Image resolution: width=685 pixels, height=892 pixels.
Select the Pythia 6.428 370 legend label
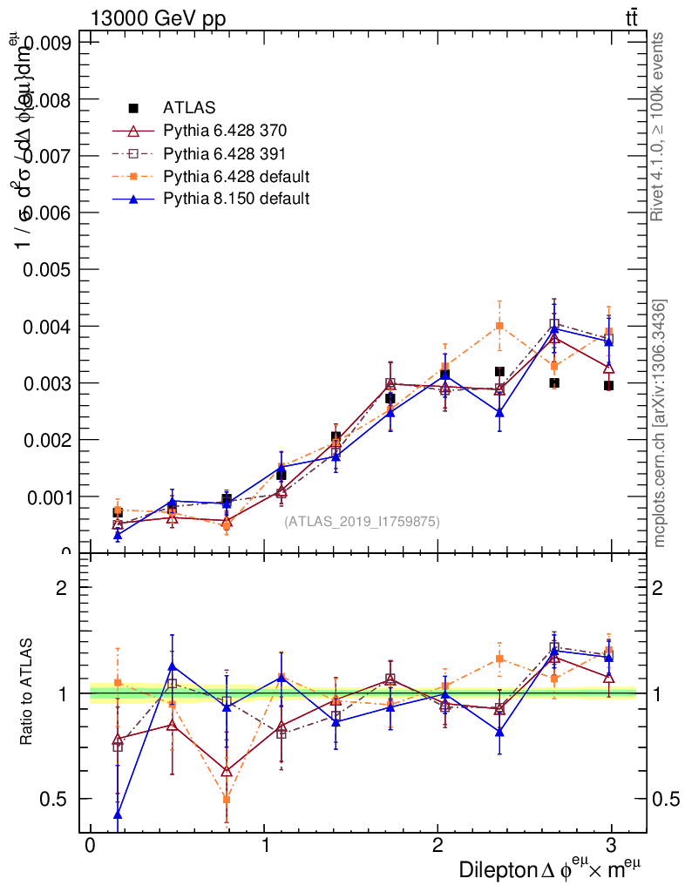(x=225, y=132)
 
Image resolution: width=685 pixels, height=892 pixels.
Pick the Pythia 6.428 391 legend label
(x=225, y=154)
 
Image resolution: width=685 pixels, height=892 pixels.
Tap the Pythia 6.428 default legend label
(x=236, y=177)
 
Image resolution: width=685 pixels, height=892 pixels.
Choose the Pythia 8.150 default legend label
(x=236, y=199)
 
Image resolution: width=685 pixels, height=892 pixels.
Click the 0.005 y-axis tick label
(x=53, y=269)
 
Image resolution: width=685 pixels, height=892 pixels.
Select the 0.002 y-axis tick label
(x=53, y=440)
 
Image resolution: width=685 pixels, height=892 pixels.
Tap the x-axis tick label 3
(x=612, y=845)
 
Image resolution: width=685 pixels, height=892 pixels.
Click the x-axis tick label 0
(x=90, y=845)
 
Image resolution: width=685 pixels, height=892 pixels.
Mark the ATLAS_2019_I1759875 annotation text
(x=362, y=522)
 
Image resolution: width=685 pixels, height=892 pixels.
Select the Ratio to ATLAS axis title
(x=27, y=693)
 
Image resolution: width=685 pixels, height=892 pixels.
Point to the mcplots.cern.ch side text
(x=660, y=423)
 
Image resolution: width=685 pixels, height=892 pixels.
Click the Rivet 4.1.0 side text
(x=660, y=126)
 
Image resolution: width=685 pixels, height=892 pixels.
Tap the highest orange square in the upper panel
(x=499, y=326)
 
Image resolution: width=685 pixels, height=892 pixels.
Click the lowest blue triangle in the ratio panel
(x=117, y=814)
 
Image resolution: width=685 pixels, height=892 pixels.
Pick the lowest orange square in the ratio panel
(x=227, y=799)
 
